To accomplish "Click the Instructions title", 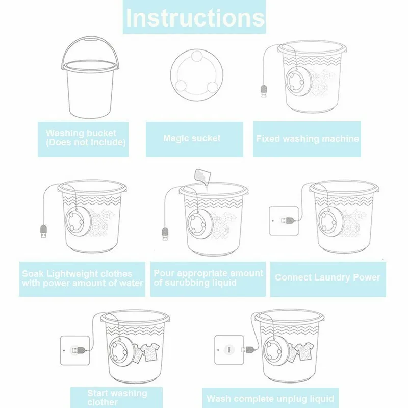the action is click(195, 18).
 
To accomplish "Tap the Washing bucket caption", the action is click(86, 137).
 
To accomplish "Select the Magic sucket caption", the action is click(192, 138).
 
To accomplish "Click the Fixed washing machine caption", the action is click(308, 138).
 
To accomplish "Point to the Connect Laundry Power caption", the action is click(327, 277).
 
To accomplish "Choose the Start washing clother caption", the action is click(117, 397).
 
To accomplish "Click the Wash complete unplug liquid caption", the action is click(270, 399).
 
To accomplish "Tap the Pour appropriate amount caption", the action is click(208, 278).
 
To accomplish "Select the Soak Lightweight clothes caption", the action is click(83, 278).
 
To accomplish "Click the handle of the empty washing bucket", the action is click(90, 39).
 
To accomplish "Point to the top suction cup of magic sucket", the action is click(197, 56).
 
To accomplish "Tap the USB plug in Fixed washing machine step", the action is click(264, 91).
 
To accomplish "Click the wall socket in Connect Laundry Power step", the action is click(284, 221).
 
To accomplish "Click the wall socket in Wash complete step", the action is click(229, 349).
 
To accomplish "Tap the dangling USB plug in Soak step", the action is click(43, 232).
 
